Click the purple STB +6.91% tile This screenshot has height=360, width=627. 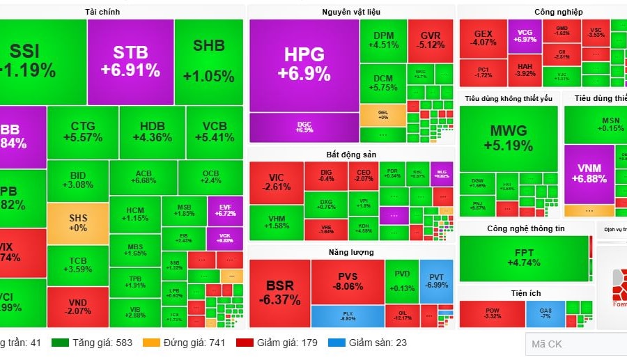click(130, 61)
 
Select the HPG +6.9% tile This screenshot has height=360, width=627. click(304, 64)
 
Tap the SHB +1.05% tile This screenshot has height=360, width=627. click(209, 61)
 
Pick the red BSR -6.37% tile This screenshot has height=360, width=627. click(279, 292)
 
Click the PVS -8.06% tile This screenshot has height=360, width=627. click(347, 281)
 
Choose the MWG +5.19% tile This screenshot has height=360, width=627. click(509, 138)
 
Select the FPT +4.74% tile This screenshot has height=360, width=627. click(524, 258)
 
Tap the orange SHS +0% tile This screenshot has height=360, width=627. click(78, 223)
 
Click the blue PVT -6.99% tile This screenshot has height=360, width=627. click(436, 281)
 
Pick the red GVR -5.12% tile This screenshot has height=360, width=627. click(431, 40)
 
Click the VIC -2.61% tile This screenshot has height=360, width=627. click(276, 182)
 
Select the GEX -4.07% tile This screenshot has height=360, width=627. click(483, 38)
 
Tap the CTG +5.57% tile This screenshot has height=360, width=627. click(82, 132)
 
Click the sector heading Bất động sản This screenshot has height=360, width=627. click(351, 154)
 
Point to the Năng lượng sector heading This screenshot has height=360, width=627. click(351, 252)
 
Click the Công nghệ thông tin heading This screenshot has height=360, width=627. click(526, 228)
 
